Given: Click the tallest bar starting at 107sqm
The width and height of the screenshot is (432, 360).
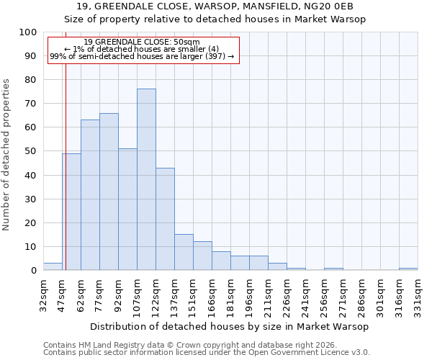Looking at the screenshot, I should coord(146,179).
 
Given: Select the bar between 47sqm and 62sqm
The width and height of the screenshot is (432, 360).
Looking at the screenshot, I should coord(71,212).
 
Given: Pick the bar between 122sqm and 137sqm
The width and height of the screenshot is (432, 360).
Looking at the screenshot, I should coord(165,219).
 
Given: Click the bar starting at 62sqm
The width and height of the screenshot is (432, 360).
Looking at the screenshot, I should coord(90,195).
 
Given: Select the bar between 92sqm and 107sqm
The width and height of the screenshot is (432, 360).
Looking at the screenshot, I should coord(127,210).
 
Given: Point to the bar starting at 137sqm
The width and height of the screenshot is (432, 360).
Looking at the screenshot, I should coord(184,252).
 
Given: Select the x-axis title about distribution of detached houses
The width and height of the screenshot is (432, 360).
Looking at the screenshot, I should coord(230,326).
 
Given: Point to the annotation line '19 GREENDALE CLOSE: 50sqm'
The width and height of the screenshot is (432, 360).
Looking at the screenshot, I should coord(142,42).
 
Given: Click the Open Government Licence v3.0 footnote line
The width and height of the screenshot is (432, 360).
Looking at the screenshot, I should coord(207,353).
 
